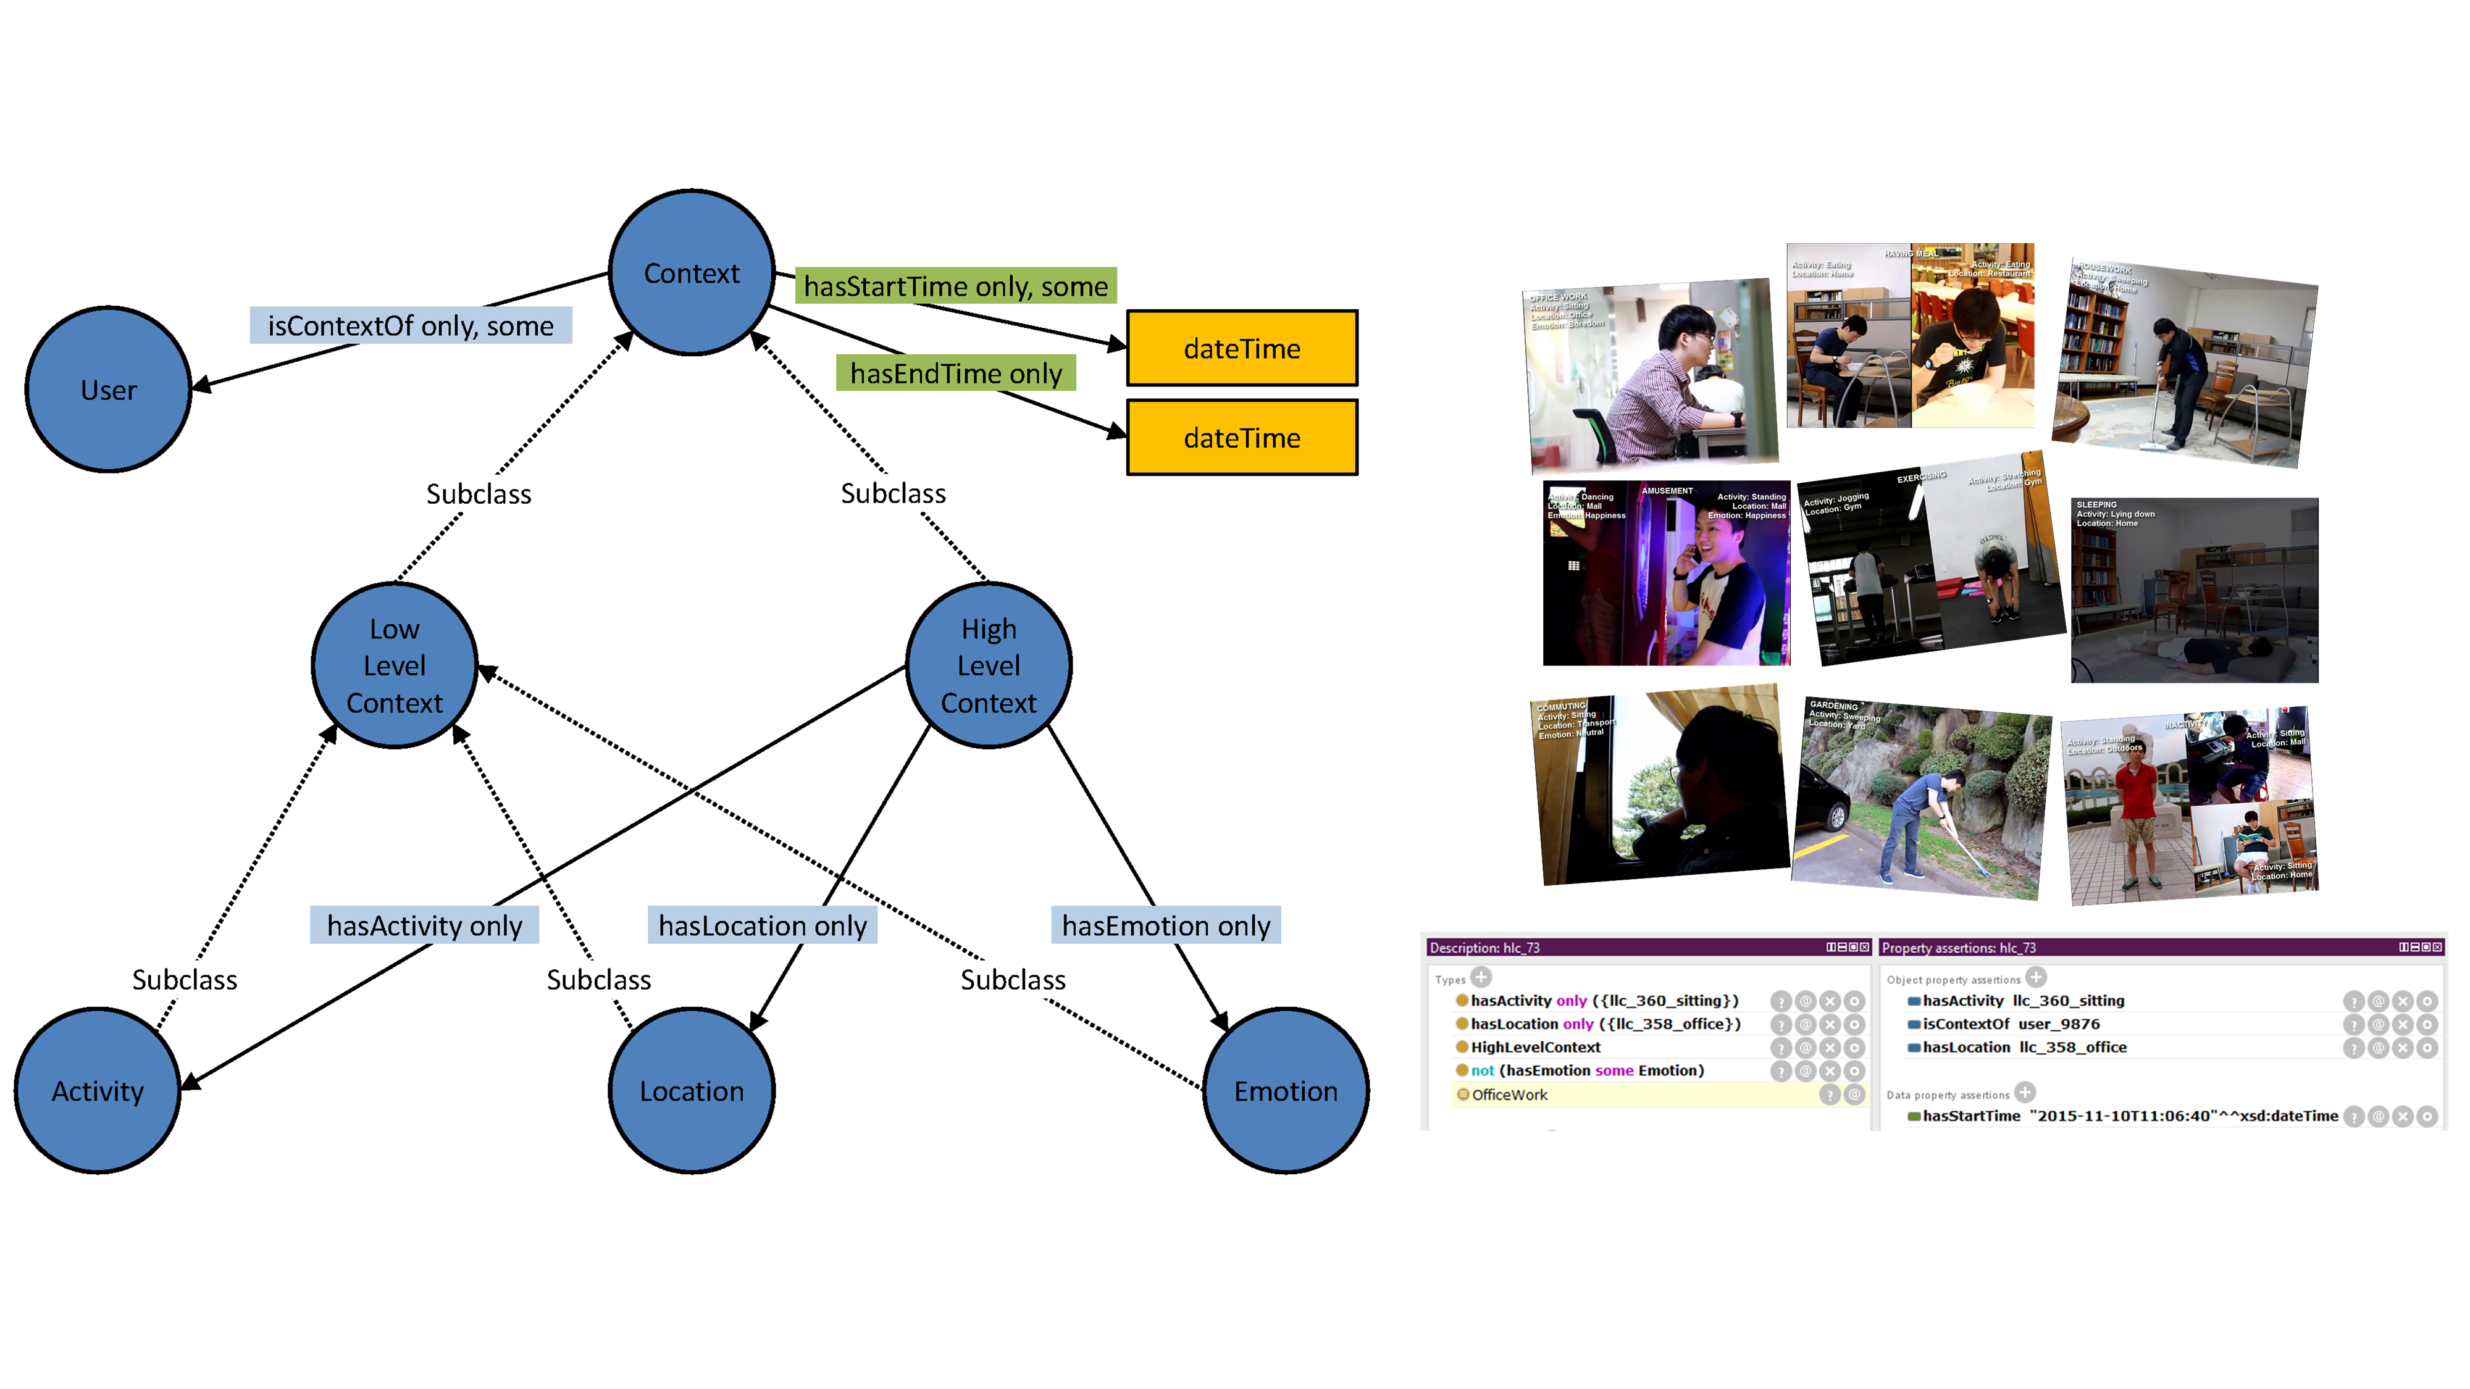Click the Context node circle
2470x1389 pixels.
pos(692,273)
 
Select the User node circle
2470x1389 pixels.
pos(108,389)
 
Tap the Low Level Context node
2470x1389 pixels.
pos(394,665)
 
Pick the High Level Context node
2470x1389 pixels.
pos(989,665)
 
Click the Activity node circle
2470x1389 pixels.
pos(98,1091)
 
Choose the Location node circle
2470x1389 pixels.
pos(692,1091)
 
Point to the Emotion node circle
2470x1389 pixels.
pos(1285,1091)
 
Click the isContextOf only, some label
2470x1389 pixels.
pos(411,326)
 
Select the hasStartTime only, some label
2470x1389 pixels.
pos(955,286)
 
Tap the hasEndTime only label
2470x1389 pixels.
pos(955,373)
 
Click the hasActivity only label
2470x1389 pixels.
pos(424,925)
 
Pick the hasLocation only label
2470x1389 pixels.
pos(762,925)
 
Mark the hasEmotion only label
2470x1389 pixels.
pos(1165,925)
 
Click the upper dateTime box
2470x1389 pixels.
pos(1242,348)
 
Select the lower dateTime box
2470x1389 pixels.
pos(1242,437)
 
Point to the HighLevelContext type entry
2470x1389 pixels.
pos(1535,1047)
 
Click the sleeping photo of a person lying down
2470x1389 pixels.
pos(2194,590)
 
